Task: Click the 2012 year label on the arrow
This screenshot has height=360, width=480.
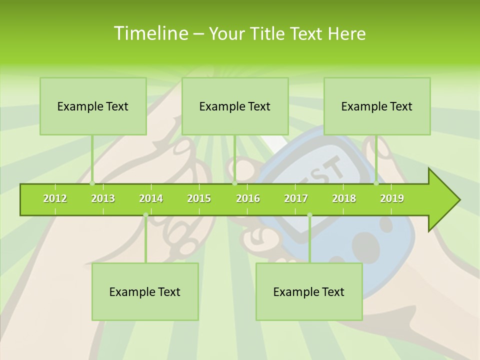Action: tap(55, 198)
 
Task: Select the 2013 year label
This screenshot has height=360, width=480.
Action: tap(103, 198)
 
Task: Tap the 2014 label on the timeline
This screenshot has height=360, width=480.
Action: tap(151, 198)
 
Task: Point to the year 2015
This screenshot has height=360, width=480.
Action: tap(199, 198)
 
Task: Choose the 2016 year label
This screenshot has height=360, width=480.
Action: tap(248, 198)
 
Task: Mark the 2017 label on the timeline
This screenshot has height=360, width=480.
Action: tap(296, 198)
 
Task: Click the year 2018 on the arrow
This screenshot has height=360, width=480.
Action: tap(344, 198)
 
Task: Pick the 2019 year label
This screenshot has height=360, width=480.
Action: tap(392, 198)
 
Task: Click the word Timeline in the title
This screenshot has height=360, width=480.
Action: tap(150, 33)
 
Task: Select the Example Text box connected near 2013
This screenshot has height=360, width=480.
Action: tap(93, 106)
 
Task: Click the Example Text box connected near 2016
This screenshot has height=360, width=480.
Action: tap(235, 106)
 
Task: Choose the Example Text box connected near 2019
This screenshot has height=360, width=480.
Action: tap(377, 106)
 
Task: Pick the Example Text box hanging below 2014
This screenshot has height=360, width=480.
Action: tap(145, 291)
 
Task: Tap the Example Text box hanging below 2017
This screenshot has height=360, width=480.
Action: tap(309, 291)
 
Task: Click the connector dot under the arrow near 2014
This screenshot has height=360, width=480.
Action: tap(145, 215)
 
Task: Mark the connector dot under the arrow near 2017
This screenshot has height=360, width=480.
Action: tap(309, 215)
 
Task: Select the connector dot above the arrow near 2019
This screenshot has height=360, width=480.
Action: tap(376, 183)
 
